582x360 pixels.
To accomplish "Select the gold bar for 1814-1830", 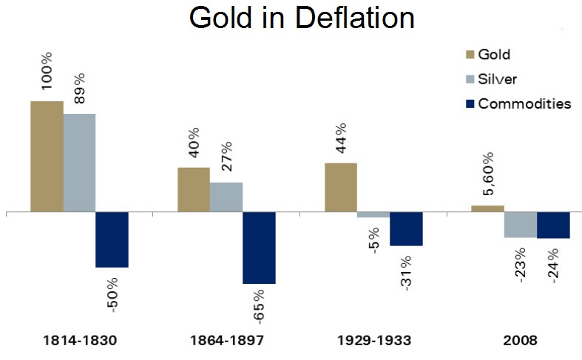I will click(47, 156).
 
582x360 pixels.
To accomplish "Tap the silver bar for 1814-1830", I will click(79, 163).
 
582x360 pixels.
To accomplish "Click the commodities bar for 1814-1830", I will click(112, 240).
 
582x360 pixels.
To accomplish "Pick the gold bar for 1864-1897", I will click(194, 189).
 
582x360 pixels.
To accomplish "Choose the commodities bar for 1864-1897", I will click(259, 248).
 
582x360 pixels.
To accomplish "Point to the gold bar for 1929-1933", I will click(340, 187).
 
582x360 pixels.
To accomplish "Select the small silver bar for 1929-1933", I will click(373, 215).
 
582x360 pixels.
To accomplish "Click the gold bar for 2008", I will click(487, 208).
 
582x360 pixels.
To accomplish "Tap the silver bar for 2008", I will click(520, 225).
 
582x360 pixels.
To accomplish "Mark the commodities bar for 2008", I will click(552, 225).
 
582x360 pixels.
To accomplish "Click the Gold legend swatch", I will click(470, 54).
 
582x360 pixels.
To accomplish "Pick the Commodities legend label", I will click(524, 103).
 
